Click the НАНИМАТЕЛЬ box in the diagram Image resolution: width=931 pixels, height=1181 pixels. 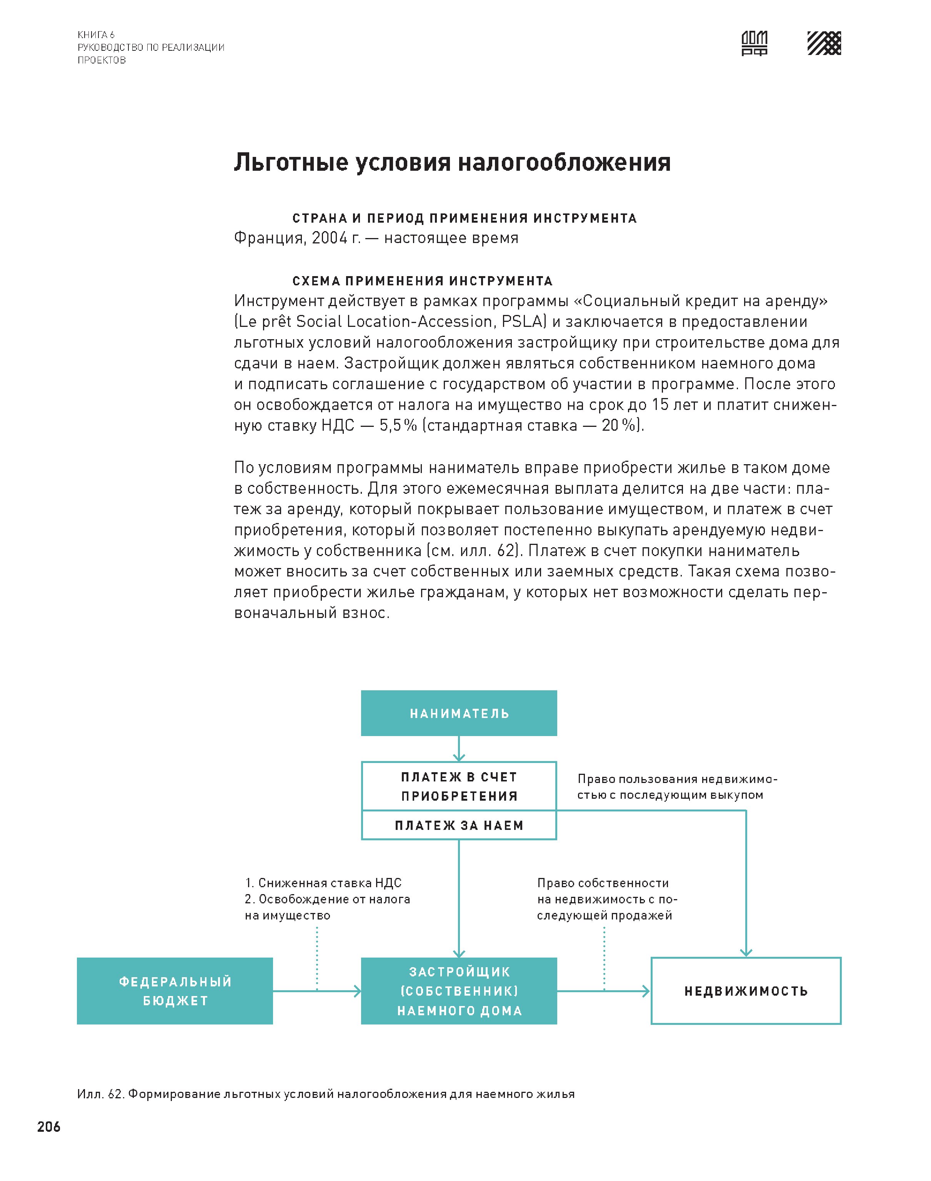pyautogui.click(x=458, y=713)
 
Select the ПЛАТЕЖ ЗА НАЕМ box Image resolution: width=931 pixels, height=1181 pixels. pyautogui.click(x=458, y=825)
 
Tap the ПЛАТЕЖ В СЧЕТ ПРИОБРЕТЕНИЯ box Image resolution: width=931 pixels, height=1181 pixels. pyautogui.click(x=458, y=786)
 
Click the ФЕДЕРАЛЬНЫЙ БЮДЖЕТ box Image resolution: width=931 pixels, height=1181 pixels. pyautogui.click(x=175, y=991)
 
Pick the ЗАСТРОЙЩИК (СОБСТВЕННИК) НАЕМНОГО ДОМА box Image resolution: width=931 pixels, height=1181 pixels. pyautogui.click(x=458, y=991)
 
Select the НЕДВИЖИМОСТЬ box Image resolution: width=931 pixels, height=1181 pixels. pyautogui.click(x=746, y=991)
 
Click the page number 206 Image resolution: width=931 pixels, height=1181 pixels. pyautogui.click(x=48, y=1126)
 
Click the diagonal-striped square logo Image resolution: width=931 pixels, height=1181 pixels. pyautogui.click(x=824, y=43)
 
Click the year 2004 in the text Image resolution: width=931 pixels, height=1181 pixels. pyautogui.click(x=329, y=238)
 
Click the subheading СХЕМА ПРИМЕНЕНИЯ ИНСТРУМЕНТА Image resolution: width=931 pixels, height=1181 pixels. pyautogui.click(x=423, y=281)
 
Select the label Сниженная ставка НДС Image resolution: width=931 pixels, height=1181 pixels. pyautogui.click(x=329, y=883)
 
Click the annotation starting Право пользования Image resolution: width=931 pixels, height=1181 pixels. pyautogui.click(x=676, y=786)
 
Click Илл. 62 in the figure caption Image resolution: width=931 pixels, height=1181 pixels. pyautogui.click(x=100, y=1094)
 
